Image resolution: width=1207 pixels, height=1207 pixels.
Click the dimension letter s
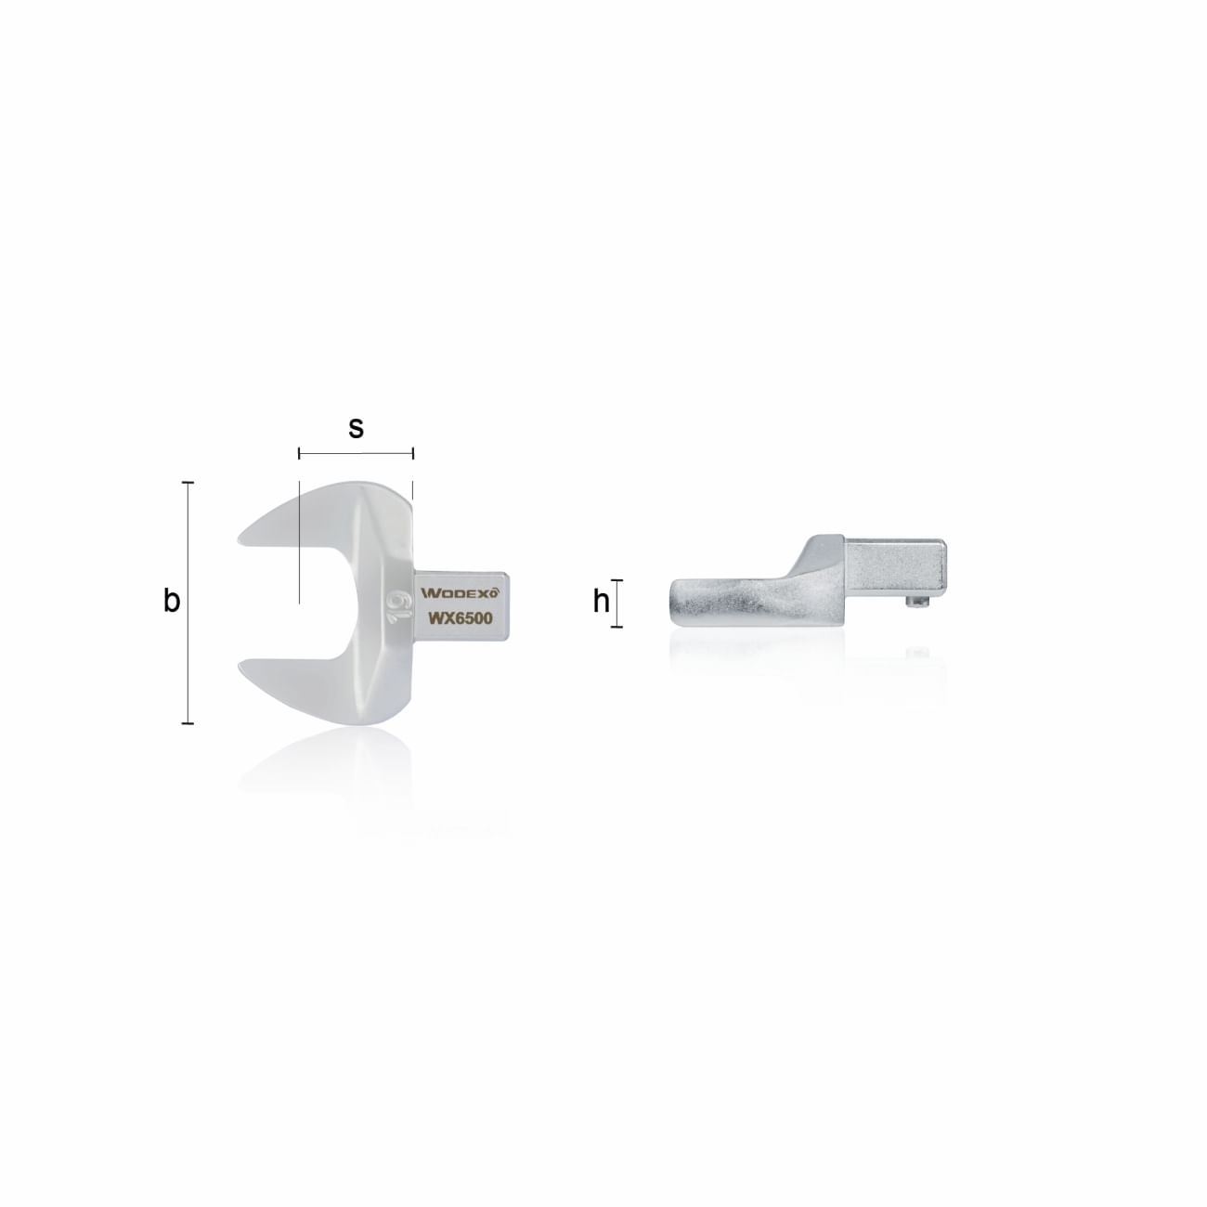point(356,428)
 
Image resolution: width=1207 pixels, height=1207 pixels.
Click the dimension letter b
point(172,602)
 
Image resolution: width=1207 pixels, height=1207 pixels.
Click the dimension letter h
point(602,603)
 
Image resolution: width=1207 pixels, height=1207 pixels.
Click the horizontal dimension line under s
point(356,454)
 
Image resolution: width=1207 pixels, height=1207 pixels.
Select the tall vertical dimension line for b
point(188,603)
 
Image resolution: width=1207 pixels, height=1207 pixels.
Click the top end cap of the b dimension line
point(188,483)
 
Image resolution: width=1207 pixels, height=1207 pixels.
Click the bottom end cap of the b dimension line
point(188,722)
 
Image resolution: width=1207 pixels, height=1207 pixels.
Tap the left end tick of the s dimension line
point(299,454)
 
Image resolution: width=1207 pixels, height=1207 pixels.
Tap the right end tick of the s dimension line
point(413,454)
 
